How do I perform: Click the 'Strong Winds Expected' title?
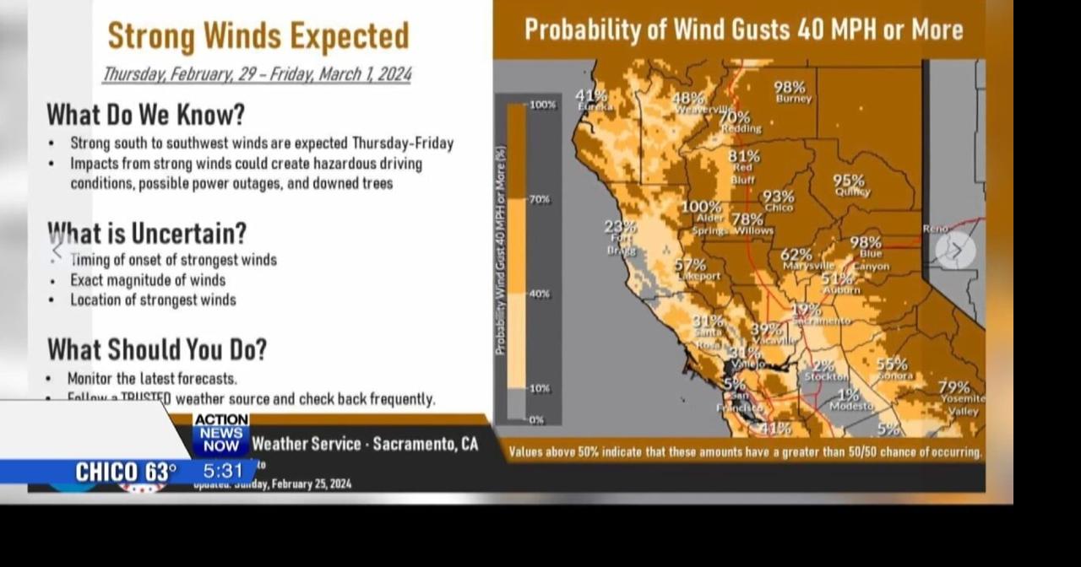tap(258, 35)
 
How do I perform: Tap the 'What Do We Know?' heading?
tap(145, 114)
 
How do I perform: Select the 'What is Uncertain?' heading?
tap(147, 232)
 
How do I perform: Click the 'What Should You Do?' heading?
tap(157, 348)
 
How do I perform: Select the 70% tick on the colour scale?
tap(540, 199)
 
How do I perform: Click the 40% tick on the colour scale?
tap(540, 294)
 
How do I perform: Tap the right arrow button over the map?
tap(955, 250)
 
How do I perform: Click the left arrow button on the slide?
tap(57, 249)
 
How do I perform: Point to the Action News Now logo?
tap(220, 432)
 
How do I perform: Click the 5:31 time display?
tap(223, 472)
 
